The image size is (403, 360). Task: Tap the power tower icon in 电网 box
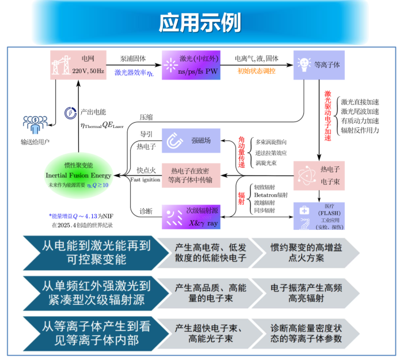pyautogui.click(x=62, y=64)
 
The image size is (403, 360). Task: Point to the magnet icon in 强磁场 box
pyautogui.click(x=174, y=139)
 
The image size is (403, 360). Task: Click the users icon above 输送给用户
pyautogui.click(x=34, y=124)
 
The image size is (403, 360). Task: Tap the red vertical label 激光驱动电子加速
pyautogui.click(x=328, y=115)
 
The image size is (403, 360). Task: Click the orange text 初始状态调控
pyautogui.click(x=253, y=71)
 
